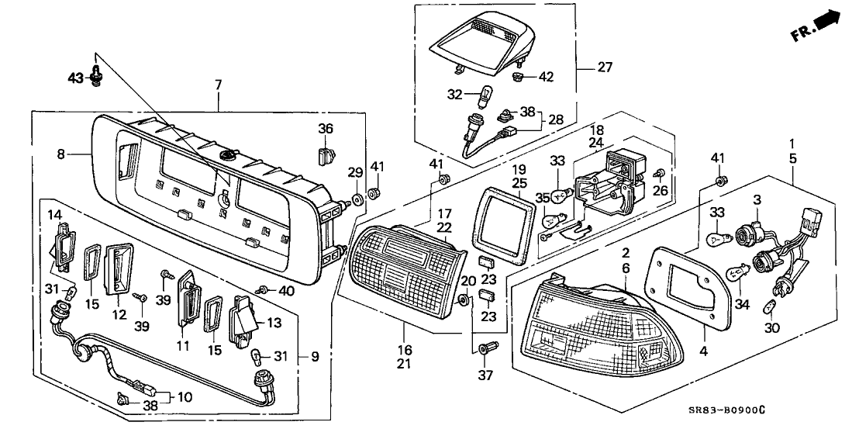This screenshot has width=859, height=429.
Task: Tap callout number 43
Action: [x=76, y=78]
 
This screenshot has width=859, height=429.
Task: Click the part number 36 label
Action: [x=325, y=128]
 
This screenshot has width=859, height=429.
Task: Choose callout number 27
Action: [x=605, y=67]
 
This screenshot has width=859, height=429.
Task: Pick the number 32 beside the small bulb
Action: [x=455, y=95]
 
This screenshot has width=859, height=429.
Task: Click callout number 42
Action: [x=547, y=77]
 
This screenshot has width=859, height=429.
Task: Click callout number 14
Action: [x=53, y=213]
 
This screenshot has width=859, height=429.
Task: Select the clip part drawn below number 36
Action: [x=326, y=156]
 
